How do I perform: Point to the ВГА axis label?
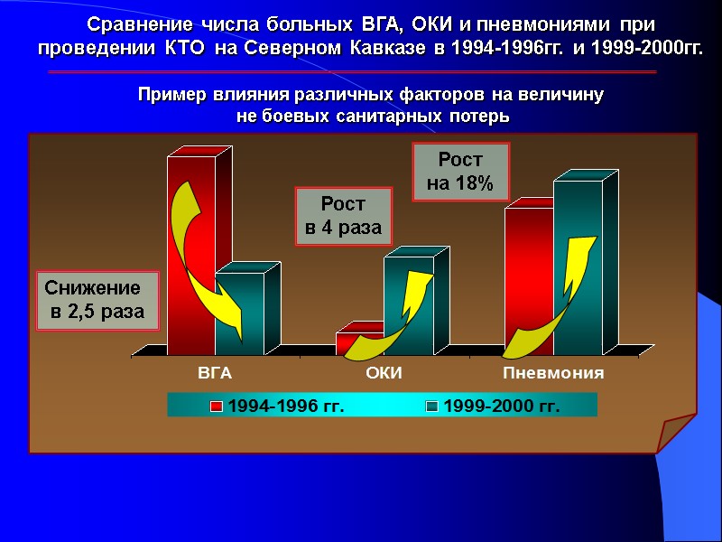tap(215, 373)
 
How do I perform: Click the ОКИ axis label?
tap(384, 373)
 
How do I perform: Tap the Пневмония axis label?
tap(553, 373)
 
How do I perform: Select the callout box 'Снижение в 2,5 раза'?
tap(97, 301)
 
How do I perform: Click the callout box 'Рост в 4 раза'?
tap(344, 216)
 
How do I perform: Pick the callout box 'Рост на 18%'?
tap(460, 172)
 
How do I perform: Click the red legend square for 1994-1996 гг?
tap(217, 406)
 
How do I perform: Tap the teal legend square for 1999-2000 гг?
tap(432, 406)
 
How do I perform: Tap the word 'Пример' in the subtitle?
tap(166, 95)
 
